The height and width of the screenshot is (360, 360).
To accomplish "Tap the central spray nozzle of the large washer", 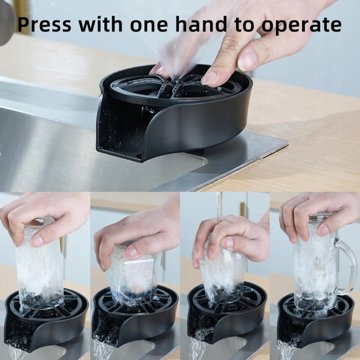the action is pyautogui.click(x=176, y=80).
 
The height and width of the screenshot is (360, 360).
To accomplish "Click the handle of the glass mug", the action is pyautogui.click(x=345, y=266).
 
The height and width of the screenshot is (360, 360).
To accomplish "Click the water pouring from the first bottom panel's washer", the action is pyautogui.click(x=16, y=352).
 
